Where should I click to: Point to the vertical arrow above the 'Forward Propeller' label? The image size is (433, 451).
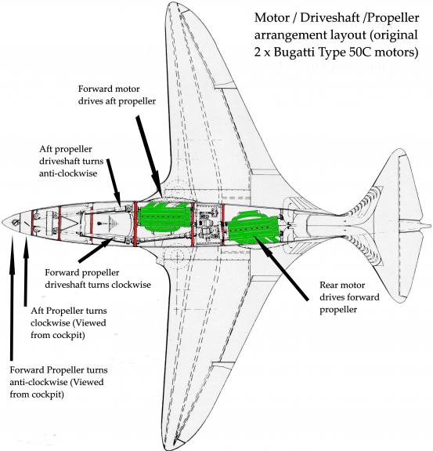click(12, 298)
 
